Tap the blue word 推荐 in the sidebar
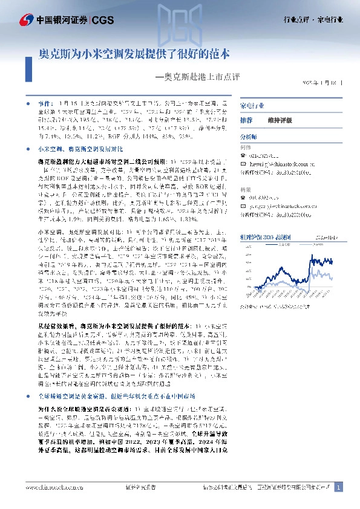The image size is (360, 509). click(x=246, y=120)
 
